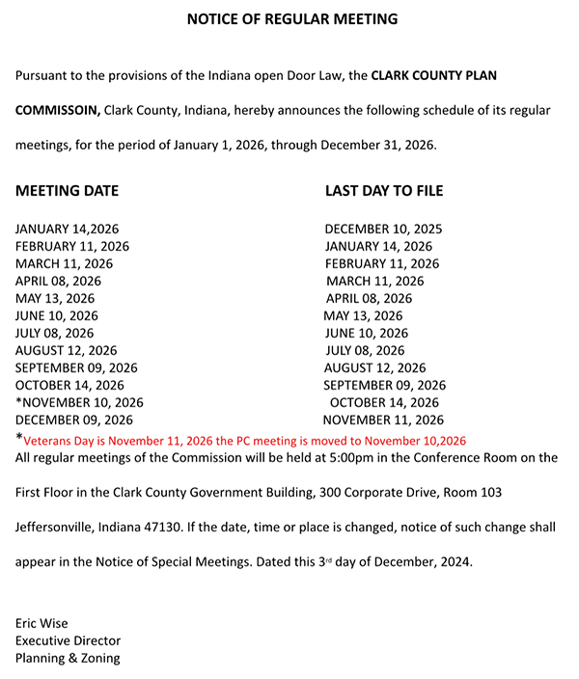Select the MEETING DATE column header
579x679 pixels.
click(x=67, y=191)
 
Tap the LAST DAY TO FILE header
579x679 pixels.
click(x=384, y=191)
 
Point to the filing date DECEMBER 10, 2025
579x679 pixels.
click(x=384, y=230)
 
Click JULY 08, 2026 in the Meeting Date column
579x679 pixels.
click(x=55, y=333)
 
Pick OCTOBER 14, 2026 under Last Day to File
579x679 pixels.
click(x=384, y=402)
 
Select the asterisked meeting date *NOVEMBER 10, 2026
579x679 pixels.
click(x=79, y=402)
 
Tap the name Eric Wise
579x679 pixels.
click(x=41, y=623)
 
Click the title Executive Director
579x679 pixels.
click(x=68, y=640)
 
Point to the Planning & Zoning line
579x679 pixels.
click(x=68, y=658)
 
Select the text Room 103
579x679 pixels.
click(x=472, y=493)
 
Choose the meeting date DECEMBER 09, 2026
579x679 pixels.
click(x=74, y=420)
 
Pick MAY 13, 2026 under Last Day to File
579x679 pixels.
click(x=363, y=315)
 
